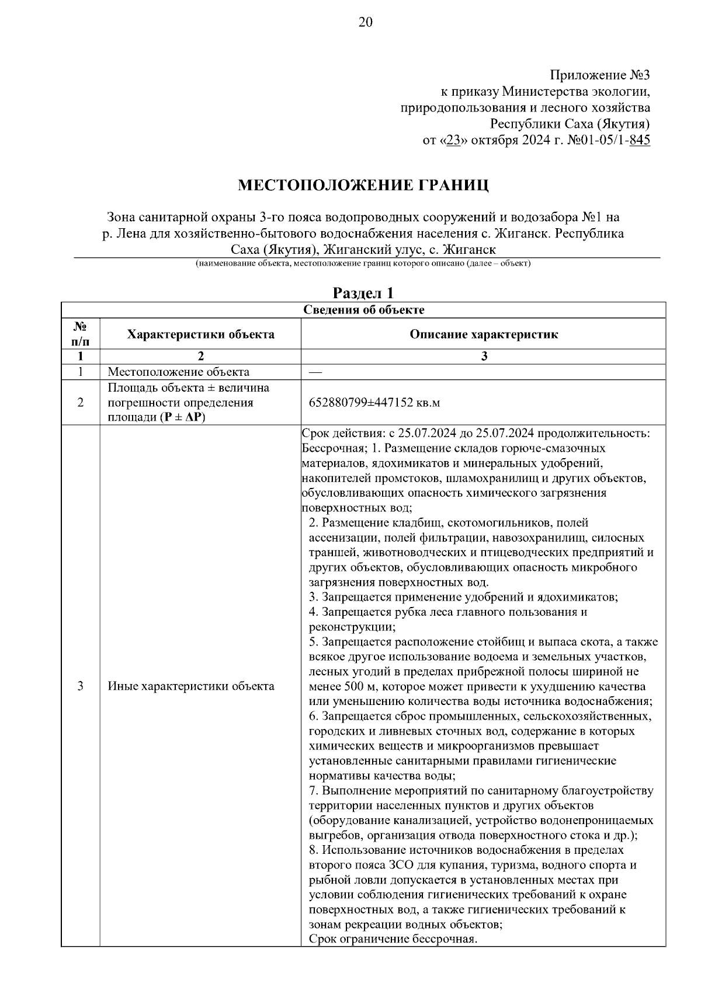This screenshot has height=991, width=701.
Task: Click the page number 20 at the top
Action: pos(365,23)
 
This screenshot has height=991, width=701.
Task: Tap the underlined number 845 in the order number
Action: pos(640,141)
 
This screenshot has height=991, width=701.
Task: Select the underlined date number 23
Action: pos(452,141)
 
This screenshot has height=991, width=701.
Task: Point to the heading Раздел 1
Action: pos(363,293)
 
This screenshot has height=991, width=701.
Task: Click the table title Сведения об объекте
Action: pos(363,310)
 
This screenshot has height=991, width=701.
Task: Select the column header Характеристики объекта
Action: pos(200,334)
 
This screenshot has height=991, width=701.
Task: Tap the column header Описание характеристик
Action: pos(483,334)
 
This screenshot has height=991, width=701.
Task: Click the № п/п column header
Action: pos(80,334)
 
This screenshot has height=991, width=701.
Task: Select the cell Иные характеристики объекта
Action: pos(191,686)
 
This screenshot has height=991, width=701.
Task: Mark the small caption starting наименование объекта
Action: pos(363,264)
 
